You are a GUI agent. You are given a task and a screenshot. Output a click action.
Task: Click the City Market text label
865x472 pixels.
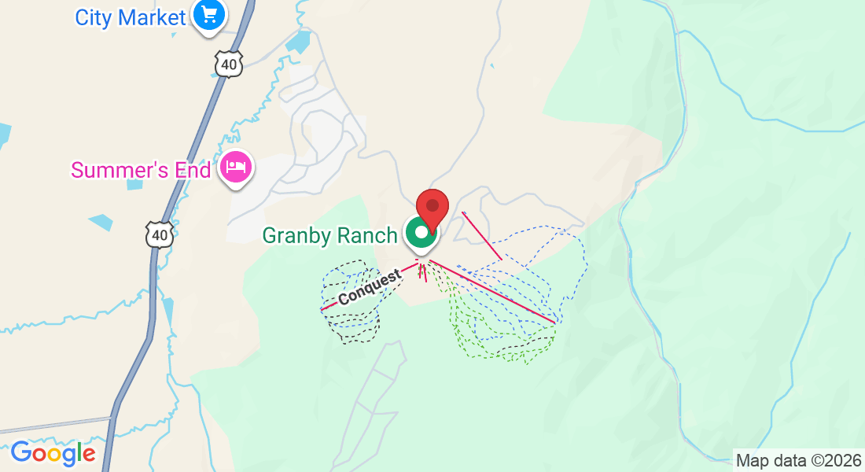(131, 17)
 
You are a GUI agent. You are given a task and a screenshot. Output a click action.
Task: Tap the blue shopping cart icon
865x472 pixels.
(208, 15)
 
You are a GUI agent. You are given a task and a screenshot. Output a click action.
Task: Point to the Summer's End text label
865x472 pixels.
(141, 170)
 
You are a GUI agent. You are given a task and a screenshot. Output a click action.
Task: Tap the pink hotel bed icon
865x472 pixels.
(236, 168)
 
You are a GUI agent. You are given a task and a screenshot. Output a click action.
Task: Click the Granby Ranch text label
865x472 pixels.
(329, 235)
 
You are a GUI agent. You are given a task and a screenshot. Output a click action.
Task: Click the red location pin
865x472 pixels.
(432, 207)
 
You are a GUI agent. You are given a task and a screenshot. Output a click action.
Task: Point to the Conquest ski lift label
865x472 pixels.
(370, 288)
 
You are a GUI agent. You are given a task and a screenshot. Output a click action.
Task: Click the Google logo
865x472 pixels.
(53, 454)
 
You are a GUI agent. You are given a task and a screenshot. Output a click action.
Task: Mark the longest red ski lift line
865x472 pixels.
(491, 290)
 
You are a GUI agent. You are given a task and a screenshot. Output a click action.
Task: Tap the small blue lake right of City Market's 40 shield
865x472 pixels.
(299, 42)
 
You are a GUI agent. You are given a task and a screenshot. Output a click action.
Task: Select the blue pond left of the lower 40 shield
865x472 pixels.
(101, 223)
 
